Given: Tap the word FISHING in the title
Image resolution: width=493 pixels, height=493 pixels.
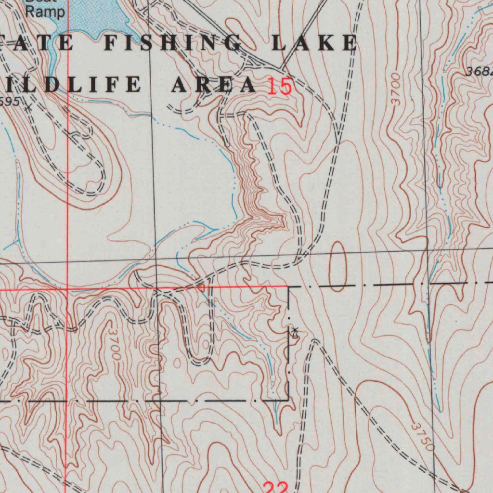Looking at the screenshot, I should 173,43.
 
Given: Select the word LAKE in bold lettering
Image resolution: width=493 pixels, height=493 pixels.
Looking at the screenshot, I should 314,43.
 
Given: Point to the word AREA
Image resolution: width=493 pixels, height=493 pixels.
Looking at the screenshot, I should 214,85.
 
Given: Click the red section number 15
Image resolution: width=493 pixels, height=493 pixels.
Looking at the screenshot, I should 280,87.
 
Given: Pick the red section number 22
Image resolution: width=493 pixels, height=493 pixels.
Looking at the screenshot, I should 276,487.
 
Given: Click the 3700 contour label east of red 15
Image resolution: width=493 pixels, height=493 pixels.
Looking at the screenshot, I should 396,89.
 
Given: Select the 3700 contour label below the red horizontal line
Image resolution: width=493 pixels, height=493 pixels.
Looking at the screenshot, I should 115,343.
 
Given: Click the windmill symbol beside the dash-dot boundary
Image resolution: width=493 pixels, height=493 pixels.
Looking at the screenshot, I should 295,332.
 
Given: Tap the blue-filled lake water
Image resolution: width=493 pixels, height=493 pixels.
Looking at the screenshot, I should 91,17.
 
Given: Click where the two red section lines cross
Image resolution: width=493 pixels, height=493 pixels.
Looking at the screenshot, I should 67,289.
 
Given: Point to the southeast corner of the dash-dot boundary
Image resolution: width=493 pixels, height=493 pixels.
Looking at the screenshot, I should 288,399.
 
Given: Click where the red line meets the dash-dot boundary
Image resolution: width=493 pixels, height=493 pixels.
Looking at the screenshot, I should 288,287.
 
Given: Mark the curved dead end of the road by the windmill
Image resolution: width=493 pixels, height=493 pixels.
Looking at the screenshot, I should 314,341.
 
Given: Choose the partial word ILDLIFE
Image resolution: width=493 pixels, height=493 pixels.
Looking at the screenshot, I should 72,85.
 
